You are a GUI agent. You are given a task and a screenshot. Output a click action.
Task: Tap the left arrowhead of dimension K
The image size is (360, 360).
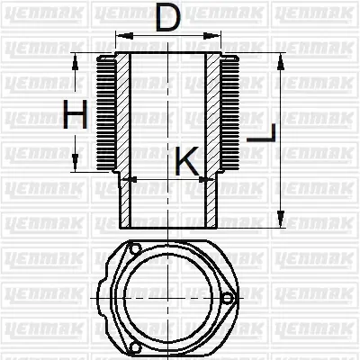[x=126, y=179]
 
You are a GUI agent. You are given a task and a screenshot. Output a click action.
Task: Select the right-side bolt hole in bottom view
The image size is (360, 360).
[x=229, y=299]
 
